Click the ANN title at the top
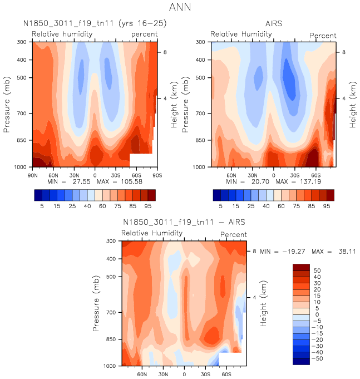(180, 8)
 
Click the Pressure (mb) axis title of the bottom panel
(97, 303)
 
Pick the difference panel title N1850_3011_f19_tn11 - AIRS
(184, 223)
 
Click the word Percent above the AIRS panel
(323, 36)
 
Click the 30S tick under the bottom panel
(205, 375)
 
